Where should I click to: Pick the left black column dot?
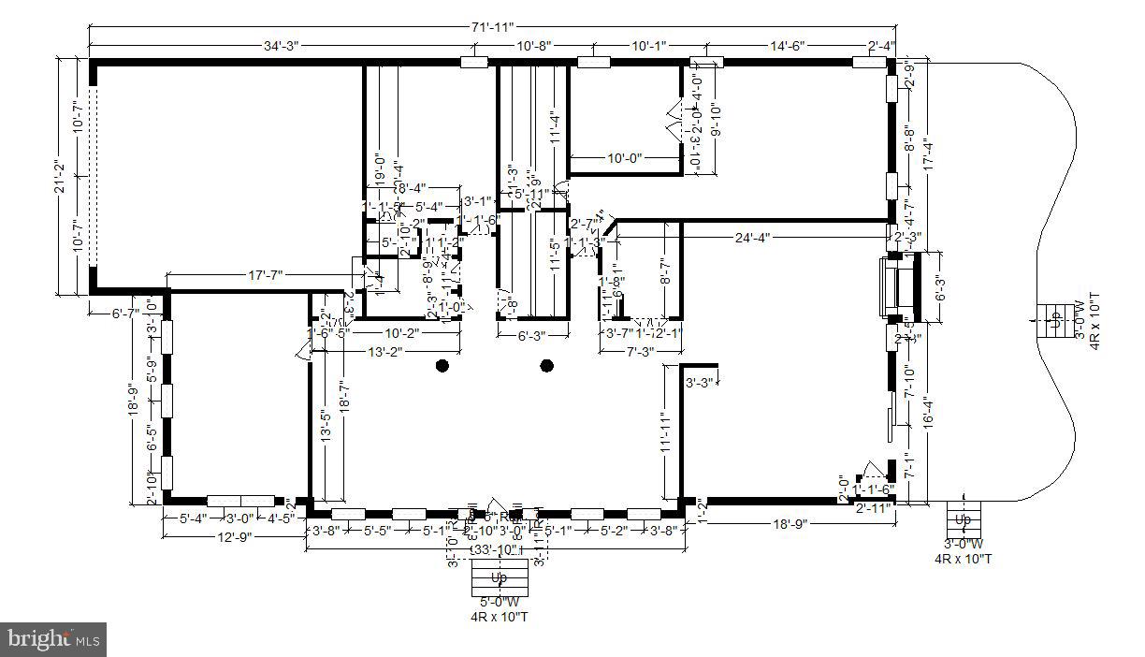442,366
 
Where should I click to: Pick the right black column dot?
547,366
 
